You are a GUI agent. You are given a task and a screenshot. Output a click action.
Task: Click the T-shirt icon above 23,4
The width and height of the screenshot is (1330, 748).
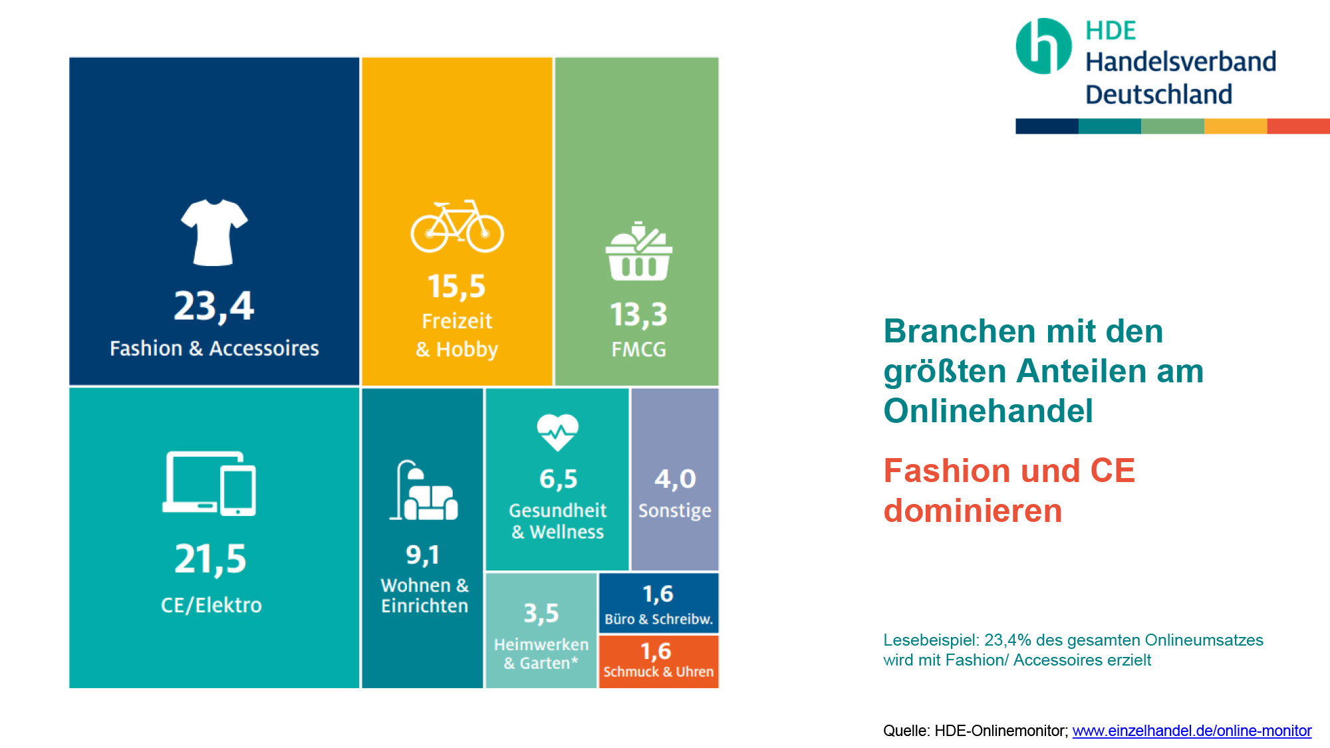[x=214, y=232]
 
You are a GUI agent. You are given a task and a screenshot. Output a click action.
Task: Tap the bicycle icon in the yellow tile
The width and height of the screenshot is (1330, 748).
[x=457, y=226]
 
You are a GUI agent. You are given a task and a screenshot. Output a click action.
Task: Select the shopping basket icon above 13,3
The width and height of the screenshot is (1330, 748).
[x=638, y=251]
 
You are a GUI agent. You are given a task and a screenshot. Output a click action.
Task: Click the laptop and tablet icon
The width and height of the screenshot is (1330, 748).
[x=209, y=483]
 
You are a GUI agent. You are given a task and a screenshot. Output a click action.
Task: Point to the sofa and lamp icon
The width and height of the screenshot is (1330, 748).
[x=424, y=490]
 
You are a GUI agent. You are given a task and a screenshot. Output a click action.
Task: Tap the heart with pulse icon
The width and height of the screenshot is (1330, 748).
[x=558, y=432]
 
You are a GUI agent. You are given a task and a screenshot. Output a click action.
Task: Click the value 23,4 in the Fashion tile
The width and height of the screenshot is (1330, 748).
[x=214, y=307]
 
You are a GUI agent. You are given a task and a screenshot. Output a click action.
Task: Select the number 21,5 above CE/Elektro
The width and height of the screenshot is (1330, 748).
[x=210, y=559]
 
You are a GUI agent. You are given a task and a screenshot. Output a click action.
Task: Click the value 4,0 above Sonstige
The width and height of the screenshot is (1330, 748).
[x=675, y=479]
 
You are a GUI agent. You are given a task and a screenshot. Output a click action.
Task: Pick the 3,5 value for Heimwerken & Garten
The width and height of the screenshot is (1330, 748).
[x=541, y=614]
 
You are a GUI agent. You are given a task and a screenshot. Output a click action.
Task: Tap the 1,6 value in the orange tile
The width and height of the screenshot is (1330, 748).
[x=656, y=652]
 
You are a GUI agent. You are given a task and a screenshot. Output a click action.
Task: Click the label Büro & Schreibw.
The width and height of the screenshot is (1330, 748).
[x=658, y=619]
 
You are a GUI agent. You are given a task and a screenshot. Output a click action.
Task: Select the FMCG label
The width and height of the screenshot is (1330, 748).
[x=638, y=350]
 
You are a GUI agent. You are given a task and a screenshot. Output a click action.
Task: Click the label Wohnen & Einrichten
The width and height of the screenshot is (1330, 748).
[x=424, y=596]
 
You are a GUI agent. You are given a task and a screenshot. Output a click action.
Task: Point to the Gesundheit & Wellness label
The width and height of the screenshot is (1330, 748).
[x=558, y=521]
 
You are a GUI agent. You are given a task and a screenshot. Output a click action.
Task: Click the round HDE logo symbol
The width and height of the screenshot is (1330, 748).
[x=1043, y=46]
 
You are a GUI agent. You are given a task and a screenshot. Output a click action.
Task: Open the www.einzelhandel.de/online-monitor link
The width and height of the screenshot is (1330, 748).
[x=1192, y=731]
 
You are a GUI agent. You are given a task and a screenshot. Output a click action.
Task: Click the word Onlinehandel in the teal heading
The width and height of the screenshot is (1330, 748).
[x=988, y=411]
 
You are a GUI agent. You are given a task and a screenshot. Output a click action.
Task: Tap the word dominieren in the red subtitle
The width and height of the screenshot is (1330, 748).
[x=973, y=511]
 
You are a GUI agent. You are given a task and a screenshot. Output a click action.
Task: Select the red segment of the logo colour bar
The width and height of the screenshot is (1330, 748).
[x=1298, y=126]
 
